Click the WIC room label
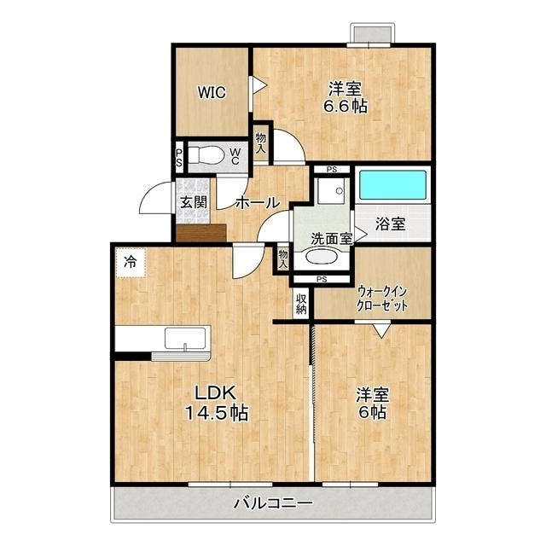(x=212, y=93)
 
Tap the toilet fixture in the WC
(x=206, y=154)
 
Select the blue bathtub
(x=392, y=184)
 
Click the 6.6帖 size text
(x=345, y=106)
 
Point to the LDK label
(x=216, y=393)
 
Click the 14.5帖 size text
(x=216, y=413)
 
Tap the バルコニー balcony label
(x=273, y=503)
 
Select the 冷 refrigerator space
(x=131, y=263)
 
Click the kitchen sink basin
(x=185, y=338)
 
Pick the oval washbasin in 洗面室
(x=322, y=258)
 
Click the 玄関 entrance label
(x=194, y=202)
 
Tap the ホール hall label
(x=258, y=202)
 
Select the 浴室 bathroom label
(x=391, y=224)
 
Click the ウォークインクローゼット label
(x=381, y=298)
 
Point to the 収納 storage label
(x=301, y=304)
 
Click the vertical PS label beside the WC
(x=179, y=158)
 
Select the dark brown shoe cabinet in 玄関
(x=201, y=233)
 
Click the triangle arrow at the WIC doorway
(x=259, y=85)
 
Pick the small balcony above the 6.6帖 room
(x=373, y=34)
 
